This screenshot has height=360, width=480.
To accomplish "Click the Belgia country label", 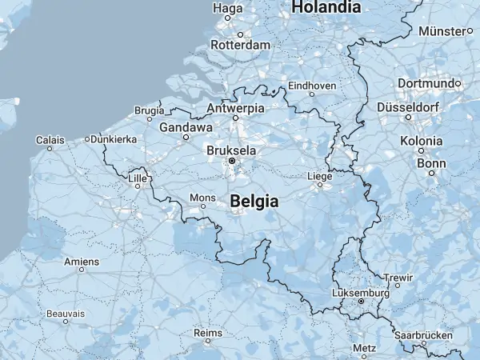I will (x=254, y=202).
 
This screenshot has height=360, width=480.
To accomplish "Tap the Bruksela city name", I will (x=231, y=150).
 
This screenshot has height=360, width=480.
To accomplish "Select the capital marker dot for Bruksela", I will (x=232, y=161).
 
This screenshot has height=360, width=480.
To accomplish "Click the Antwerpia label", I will (x=235, y=107).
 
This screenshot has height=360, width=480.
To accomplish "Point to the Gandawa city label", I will (x=186, y=127).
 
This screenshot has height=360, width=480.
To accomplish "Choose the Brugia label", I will (x=149, y=110).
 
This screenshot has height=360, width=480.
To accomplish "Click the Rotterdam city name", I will (x=240, y=46).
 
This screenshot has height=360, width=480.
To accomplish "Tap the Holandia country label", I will (x=326, y=7).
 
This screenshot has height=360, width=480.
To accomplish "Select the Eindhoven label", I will (x=312, y=84).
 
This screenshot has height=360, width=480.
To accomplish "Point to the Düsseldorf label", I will (x=409, y=106).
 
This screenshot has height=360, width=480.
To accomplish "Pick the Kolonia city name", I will (x=421, y=141).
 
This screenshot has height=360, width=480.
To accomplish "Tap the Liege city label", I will (x=319, y=176).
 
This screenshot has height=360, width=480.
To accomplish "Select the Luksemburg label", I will (x=360, y=294).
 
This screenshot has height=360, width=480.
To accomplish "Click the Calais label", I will (x=50, y=139).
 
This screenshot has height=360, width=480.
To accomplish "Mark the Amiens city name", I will (x=82, y=262).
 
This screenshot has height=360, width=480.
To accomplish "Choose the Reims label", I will (x=207, y=332).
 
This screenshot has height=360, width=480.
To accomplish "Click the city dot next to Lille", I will (x=138, y=186).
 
